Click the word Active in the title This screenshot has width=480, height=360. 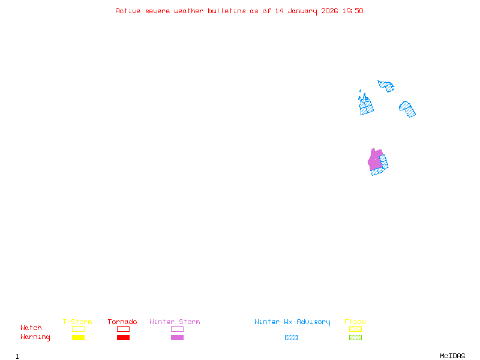128,11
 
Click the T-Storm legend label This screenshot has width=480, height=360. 77,322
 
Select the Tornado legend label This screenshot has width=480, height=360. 122,322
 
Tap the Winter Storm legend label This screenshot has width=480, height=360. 175,322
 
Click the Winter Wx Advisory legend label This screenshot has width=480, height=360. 292,322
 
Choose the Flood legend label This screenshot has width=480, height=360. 355,322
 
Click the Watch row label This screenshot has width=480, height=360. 31,328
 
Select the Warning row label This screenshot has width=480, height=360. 35,337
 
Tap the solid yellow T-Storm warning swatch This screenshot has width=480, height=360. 78,338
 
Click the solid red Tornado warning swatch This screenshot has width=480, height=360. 123,338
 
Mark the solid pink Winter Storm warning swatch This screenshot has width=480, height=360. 177,338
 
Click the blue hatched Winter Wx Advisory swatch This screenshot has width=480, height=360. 291,338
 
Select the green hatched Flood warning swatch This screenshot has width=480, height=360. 356,338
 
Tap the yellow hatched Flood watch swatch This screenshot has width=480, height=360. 356,329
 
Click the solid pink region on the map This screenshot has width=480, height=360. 375,160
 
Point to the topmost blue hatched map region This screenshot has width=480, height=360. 386,86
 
